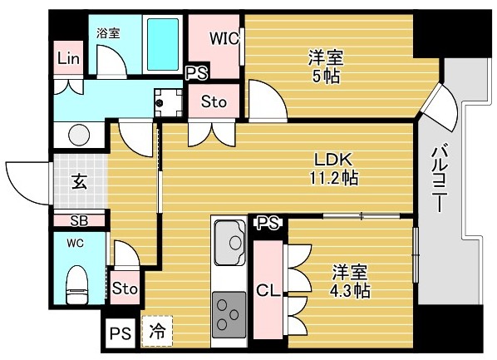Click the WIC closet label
pos(225,37)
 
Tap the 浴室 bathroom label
pos(108,33)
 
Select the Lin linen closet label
pos(68,59)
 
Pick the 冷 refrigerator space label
pos(156,331)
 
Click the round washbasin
pos(80,135)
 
